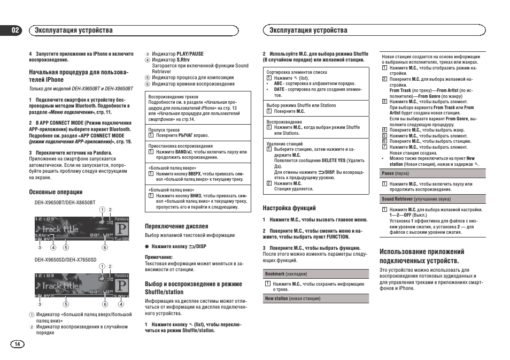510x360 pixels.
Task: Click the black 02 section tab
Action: pos(16,30)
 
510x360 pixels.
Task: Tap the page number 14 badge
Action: pos(17,344)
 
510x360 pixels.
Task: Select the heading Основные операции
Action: pos(56,192)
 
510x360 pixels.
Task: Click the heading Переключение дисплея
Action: pos(176,226)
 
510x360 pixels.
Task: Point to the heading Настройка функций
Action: pos(289,208)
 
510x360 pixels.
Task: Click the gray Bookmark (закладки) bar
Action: pos(315,274)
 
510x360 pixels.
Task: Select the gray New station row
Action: pos(315,298)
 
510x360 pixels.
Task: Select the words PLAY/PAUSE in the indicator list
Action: pos(190,54)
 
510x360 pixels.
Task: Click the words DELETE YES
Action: pos(334,160)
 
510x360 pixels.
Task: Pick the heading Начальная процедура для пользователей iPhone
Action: pos(79,75)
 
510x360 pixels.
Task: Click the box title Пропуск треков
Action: pos(164,130)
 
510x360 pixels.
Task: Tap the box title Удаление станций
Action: pos(284,144)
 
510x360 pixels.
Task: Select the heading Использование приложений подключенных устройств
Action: pos(422,256)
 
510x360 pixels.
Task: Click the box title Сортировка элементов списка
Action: pos(297,72)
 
